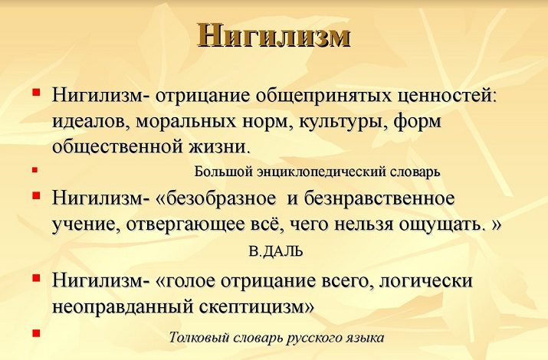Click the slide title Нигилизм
coord(274,35)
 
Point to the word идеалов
coord(91,122)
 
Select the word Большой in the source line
coord(224,172)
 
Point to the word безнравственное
coord(379,198)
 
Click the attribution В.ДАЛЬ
coord(275,252)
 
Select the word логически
coord(425,281)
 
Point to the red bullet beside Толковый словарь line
coord(36,333)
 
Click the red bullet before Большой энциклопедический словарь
coord(34,170)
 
